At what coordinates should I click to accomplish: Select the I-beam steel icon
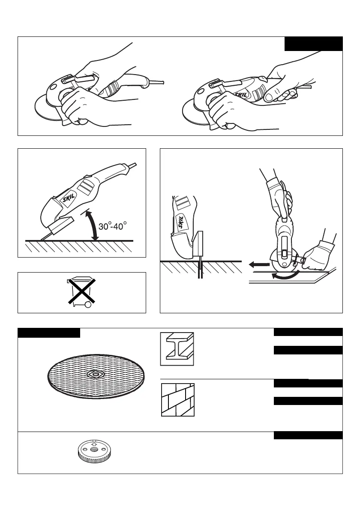[x=177, y=349]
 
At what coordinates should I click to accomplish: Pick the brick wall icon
[x=178, y=399]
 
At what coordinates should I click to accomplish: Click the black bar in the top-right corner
[x=314, y=44]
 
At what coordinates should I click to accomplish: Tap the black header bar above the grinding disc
[x=49, y=333]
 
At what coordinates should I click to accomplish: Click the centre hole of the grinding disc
[x=95, y=374]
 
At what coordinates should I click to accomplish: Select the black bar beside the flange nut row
[x=308, y=435]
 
